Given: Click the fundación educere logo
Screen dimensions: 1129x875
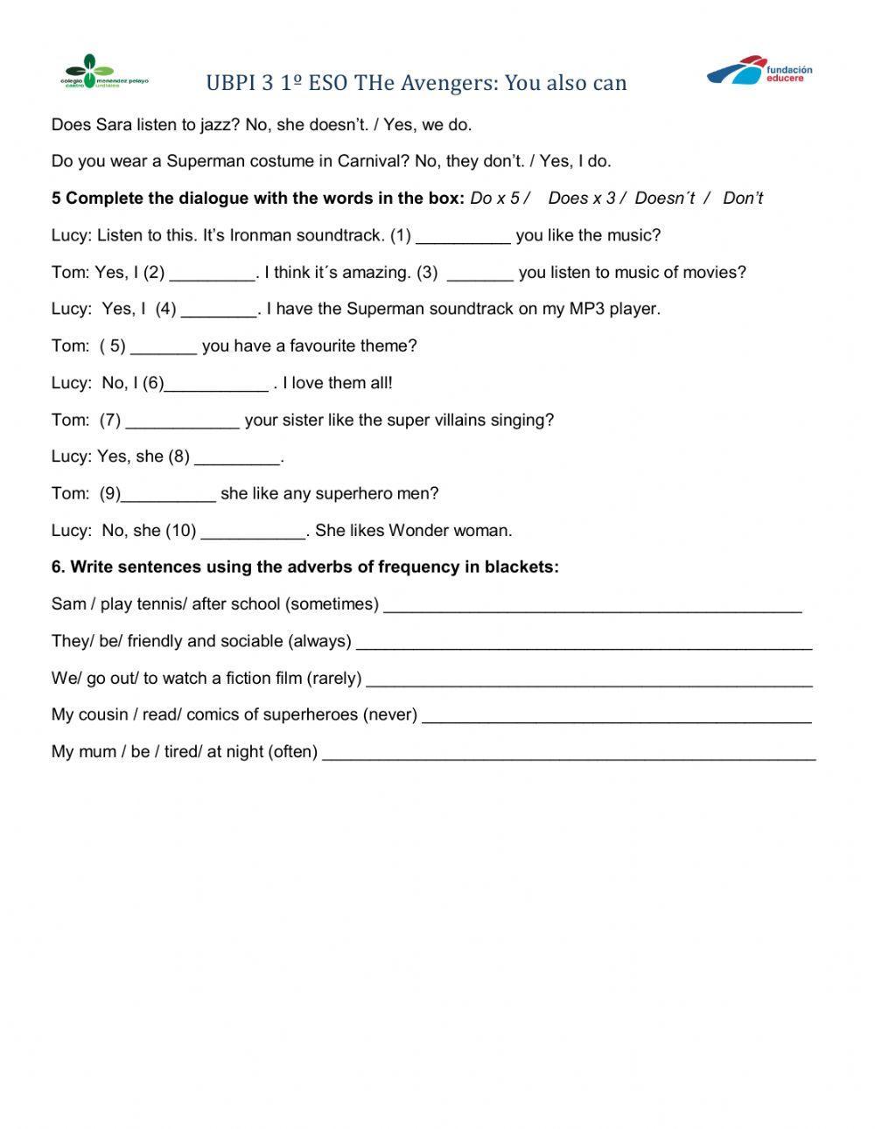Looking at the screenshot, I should click(759, 72).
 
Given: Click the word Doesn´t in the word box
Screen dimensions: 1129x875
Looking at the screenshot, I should click(665, 199).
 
